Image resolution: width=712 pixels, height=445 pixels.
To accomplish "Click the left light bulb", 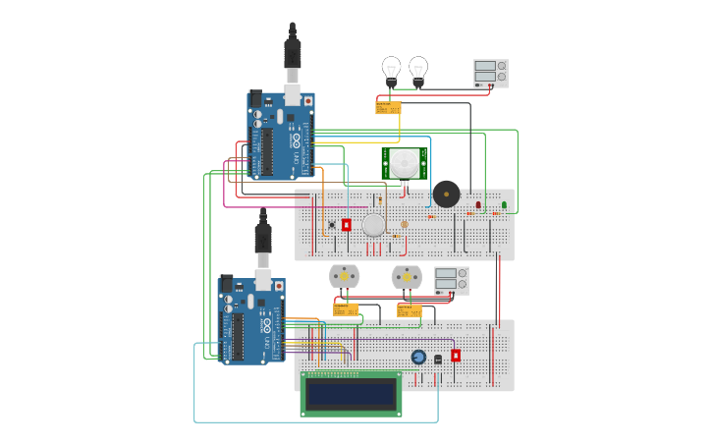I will click(x=391, y=69).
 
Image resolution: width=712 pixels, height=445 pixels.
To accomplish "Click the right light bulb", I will click(x=418, y=69).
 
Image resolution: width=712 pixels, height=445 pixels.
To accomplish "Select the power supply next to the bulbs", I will click(x=491, y=74).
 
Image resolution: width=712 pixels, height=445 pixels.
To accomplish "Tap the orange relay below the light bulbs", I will click(x=388, y=108).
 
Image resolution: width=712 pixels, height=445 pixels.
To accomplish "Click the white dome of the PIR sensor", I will click(x=404, y=162).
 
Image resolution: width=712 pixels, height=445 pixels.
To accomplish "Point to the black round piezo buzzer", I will click(x=446, y=194).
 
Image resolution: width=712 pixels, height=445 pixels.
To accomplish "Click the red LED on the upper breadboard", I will click(x=478, y=205).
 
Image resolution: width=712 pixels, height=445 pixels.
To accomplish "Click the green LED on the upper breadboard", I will click(x=504, y=205).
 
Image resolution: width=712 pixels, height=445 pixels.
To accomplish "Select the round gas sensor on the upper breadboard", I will click(x=374, y=225).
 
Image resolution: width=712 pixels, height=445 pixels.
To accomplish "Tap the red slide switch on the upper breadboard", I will click(x=347, y=225).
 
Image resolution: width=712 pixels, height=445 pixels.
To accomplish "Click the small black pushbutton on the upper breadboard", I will click(x=332, y=225).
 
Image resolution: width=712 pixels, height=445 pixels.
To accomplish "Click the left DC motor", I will click(x=344, y=276).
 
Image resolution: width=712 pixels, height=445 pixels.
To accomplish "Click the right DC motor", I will click(x=407, y=277).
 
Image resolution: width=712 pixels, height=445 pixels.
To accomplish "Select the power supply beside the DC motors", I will click(x=452, y=280).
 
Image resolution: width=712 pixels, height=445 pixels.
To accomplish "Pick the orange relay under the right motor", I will click(x=410, y=310).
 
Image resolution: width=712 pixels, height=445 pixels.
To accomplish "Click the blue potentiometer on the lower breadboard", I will click(x=418, y=357).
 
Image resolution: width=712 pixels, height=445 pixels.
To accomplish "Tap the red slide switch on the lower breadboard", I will click(x=456, y=356).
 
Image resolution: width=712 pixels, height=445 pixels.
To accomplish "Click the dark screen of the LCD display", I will click(x=351, y=394).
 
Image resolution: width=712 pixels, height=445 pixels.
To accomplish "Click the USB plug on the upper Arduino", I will click(x=293, y=55).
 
